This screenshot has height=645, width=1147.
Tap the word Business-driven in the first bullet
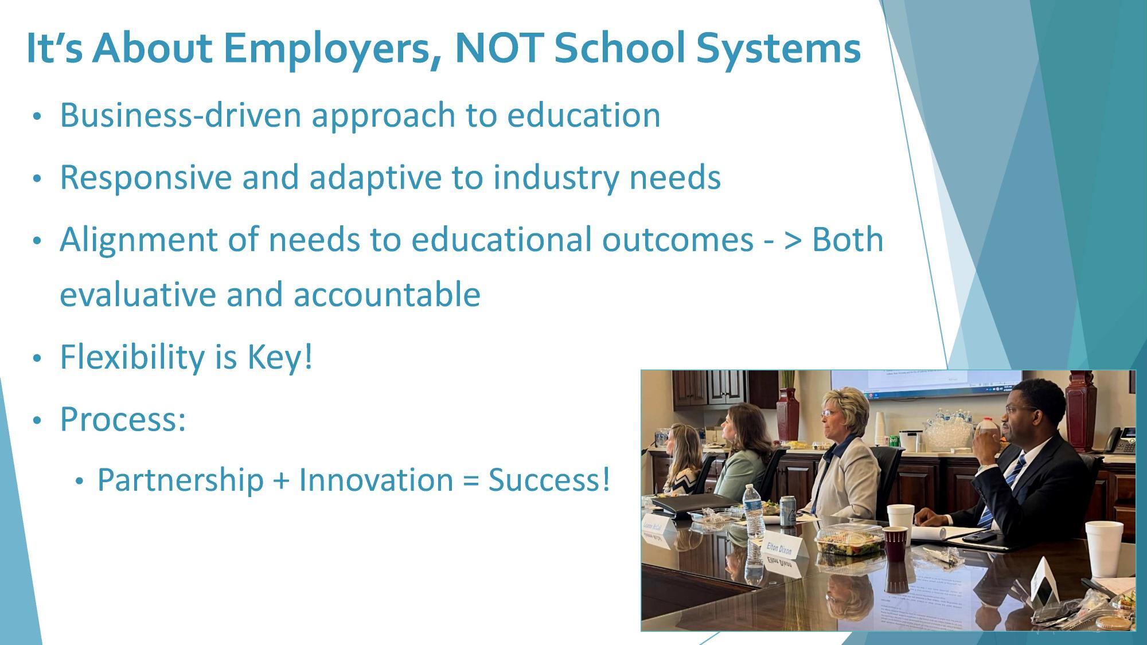[x=180, y=115]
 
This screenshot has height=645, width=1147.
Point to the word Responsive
[x=145, y=177]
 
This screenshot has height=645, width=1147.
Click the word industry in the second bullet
[x=556, y=177]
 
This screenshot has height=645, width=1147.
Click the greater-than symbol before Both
[x=793, y=240]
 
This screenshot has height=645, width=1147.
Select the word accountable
[x=387, y=295]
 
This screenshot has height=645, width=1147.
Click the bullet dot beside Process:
[x=37, y=421]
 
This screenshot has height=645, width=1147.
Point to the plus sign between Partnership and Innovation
[x=281, y=480]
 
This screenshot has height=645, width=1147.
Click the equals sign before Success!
[x=470, y=480]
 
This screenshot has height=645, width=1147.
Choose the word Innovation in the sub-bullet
[x=376, y=480]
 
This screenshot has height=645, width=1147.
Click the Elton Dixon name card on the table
[x=781, y=548]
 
